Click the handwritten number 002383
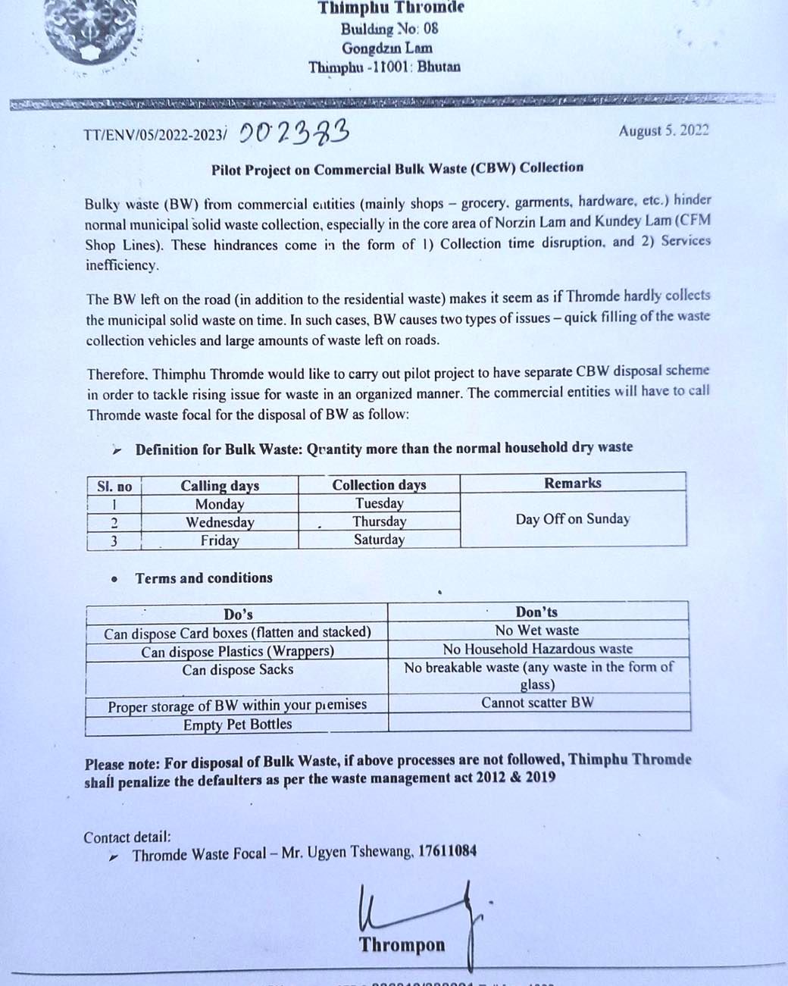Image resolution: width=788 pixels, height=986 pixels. [x=294, y=134]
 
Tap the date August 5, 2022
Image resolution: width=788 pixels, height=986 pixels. [x=663, y=130]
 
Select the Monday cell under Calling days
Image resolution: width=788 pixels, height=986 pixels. [x=220, y=504]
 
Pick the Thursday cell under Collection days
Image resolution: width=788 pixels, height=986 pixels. [x=379, y=521]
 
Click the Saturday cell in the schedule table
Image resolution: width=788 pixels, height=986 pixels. [x=379, y=540]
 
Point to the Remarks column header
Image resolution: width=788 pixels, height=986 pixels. [x=573, y=483]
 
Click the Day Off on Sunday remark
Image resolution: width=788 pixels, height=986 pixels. [x=573, y=519]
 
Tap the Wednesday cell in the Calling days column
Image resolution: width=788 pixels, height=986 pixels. [x=220, y=522]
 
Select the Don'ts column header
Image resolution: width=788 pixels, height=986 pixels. [x=537, y=612]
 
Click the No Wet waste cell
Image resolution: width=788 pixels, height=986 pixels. [x=537, y=630]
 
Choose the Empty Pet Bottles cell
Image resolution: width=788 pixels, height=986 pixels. [x=237, y=725]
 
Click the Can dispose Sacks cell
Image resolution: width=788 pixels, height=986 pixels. [x=237, y=670]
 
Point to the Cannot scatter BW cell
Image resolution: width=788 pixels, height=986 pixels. [x=537, y=703]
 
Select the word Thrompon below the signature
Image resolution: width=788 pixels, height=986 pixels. [x=402, y=945]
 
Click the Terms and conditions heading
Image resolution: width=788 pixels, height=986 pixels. [x=204, y=578]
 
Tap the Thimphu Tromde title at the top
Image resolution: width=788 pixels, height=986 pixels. [x=391, y=8]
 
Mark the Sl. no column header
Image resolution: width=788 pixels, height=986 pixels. [x=114, y=487]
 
